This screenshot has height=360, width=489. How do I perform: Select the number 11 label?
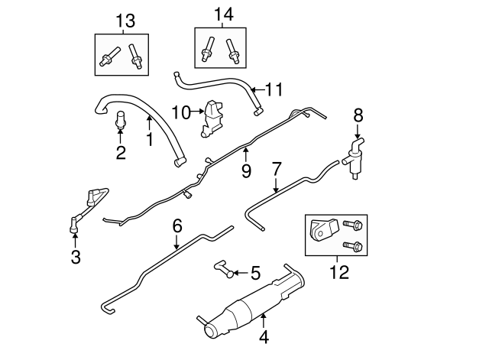(274, 90)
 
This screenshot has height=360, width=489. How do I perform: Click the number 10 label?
(180, 112)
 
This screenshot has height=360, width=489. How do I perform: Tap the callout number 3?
(75, 257)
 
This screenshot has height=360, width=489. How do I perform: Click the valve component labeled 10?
(211, 119)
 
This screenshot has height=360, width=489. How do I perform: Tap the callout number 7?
(277, 167)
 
